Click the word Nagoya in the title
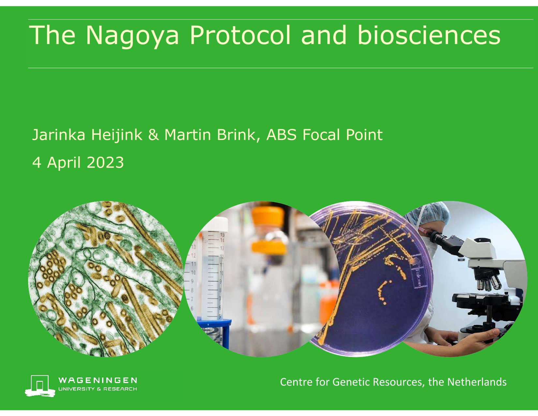click(132, 36)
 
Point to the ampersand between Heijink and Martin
click(154, 135)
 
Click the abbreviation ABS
click(281, 135)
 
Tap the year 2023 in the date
click(105, 162)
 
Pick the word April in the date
click(64, 163)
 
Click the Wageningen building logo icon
click(40, 386)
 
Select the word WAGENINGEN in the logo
click(97, 380)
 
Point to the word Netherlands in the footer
click(477, 382)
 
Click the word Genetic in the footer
click(351, 382)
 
